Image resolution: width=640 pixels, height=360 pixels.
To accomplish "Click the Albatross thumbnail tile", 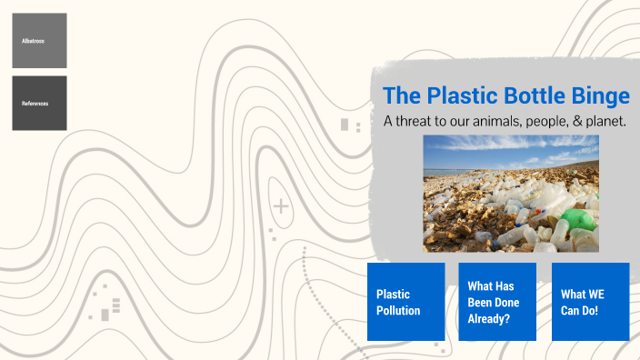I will coord(39,41).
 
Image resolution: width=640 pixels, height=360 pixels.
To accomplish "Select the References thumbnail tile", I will coord(39,103).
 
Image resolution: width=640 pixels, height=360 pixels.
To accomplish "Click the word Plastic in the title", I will coord(458,95).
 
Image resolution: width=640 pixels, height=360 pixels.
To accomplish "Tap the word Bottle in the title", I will coord(536,95).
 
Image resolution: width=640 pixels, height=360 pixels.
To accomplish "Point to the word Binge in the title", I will coord(603,95).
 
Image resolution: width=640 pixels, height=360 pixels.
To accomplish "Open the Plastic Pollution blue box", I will coord(405,302).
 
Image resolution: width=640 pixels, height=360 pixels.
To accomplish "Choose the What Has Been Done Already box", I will coord(497,302).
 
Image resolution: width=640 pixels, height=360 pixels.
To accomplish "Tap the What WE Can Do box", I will coord(590,302).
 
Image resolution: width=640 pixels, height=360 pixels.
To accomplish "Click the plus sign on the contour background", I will coord(282,207).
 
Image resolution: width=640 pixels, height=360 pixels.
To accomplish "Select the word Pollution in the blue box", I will coord(399,311).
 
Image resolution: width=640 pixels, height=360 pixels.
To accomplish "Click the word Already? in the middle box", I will coord(489,319).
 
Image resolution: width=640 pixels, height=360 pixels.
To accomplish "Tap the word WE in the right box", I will coord(595,295).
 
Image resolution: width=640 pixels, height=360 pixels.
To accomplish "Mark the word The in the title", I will coord(398,95).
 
